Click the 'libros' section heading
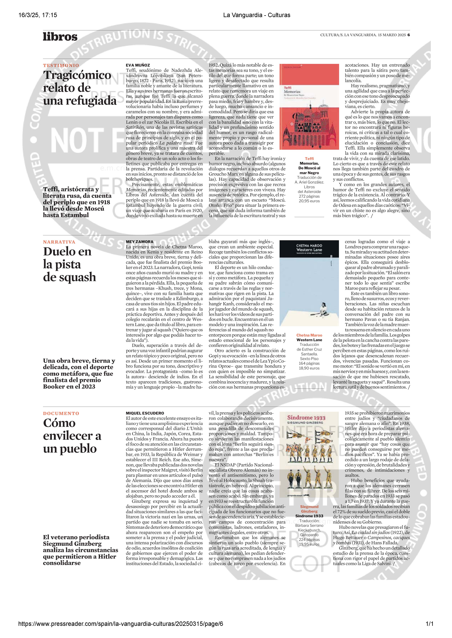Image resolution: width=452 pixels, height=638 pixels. [x=60, y=37]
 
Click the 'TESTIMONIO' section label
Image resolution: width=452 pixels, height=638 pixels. [x=61, y=65]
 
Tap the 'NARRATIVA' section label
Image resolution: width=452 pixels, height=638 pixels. [x=59, y=242]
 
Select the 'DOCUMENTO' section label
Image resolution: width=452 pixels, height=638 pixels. [x=61, y=413]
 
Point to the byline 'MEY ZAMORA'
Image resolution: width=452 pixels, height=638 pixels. [x=140, y=242]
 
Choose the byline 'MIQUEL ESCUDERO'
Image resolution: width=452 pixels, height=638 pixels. [x=145, y=413]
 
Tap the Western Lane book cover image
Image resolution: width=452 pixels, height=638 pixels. [x=309, y=283]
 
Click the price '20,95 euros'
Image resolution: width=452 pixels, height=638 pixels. [x=309, y=201]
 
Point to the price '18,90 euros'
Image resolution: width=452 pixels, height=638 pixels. [x=309, y=368]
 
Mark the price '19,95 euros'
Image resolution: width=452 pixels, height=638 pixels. [x=309, y=544]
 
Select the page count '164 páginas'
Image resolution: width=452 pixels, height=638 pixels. [x=309, y=363]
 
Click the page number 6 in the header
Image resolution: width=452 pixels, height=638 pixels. [x=409, y=35]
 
